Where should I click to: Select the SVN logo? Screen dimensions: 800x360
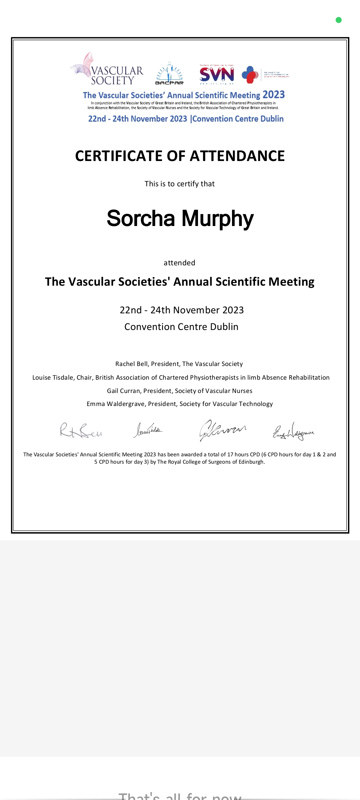pyautogui.click(x=217, y=74)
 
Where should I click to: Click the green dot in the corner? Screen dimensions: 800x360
pyautogui.click(x=339, y=20)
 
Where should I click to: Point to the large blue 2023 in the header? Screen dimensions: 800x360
pyautogui.click(x=273, y=95)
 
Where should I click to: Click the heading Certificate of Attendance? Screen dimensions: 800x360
pyautogui.click(x=180, y=156)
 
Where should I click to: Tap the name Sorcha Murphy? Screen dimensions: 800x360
pyautogui.click(x=180, y=219)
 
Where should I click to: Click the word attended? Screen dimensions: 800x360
pyautogui.click(x=179, y=263)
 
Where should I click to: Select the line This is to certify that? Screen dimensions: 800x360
pyautogui.click(x=180, y=184)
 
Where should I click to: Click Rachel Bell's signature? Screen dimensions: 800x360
pyautogui.click(x=81, y=430)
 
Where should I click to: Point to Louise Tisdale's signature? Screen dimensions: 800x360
pyautogui.click(x=148, y=430)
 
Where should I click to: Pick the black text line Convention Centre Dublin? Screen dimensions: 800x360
pyautogui.click(x=181, y=327)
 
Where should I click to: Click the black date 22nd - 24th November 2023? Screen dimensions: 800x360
pyautogui.click(x=182, y=310)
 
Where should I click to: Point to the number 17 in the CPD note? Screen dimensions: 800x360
pyautogui.click(x=230, y=455)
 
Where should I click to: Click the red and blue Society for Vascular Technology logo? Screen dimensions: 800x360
pyautogui.click(x=250, y=75)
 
